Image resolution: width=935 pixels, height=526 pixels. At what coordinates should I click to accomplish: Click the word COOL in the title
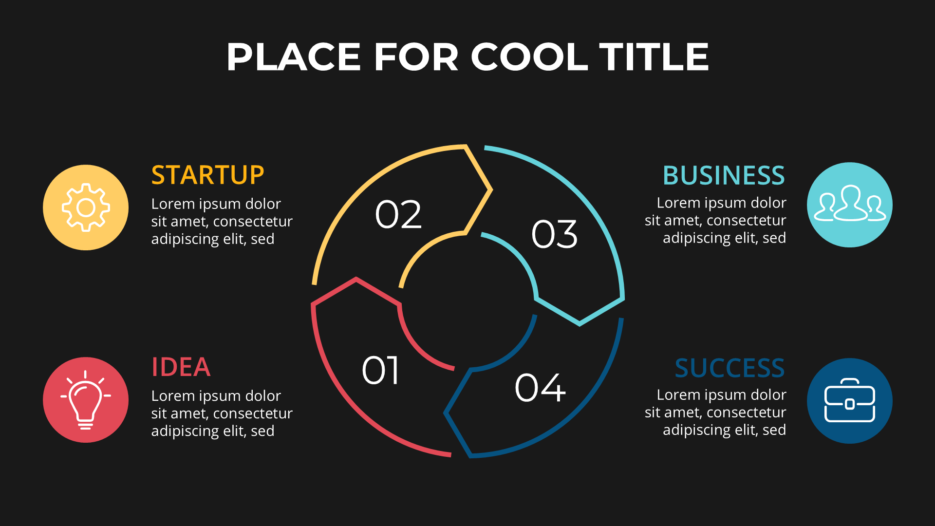pos(529,56)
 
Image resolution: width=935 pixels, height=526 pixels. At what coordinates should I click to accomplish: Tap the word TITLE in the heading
pos(654,56)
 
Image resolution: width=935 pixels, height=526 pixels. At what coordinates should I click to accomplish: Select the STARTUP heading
pos(207,175)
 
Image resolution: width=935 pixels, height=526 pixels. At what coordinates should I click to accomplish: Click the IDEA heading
pos(181,367)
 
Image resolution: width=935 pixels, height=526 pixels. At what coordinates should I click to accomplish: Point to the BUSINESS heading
pos(724,175)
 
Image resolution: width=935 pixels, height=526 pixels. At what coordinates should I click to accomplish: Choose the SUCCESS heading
pos(729,368)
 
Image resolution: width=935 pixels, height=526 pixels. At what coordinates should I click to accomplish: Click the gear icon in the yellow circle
pos(86,207)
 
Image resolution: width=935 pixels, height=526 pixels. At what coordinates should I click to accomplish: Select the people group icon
pos(850,203)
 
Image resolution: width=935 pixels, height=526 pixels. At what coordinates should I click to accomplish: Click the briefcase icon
pos(850,400)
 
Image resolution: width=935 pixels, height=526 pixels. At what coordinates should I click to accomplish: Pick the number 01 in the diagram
pos(380,370)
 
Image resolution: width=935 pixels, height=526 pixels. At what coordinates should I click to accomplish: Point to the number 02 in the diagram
pos(398,214)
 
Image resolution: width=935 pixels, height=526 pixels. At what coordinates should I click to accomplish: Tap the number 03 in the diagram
pos(554,234)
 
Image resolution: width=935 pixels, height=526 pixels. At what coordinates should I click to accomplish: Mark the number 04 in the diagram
pos(540,388)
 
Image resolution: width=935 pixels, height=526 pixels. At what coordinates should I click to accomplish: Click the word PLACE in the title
pos(294,56)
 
